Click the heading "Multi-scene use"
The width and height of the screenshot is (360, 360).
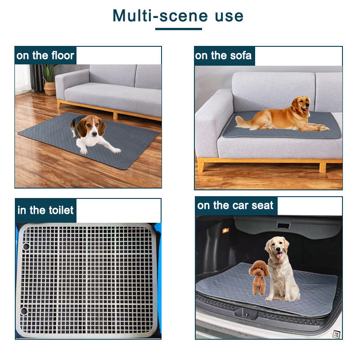[178, 16]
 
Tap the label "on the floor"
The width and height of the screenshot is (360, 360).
[45, 56]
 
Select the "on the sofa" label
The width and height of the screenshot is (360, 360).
[224, 56]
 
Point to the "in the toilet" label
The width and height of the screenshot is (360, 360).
[45, 211]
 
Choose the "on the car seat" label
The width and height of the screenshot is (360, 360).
[235, 206]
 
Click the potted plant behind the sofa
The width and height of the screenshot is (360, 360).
[49, 79]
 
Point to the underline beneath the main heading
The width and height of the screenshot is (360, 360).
[178, 29]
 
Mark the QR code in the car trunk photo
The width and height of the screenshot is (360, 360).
[335, 333]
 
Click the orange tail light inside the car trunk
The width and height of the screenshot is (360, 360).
[225, 230]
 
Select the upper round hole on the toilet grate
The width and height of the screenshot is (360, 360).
[25, 247]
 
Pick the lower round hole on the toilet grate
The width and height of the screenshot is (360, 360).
[23, 311]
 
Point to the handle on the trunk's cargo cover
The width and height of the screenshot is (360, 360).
[283, 225]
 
